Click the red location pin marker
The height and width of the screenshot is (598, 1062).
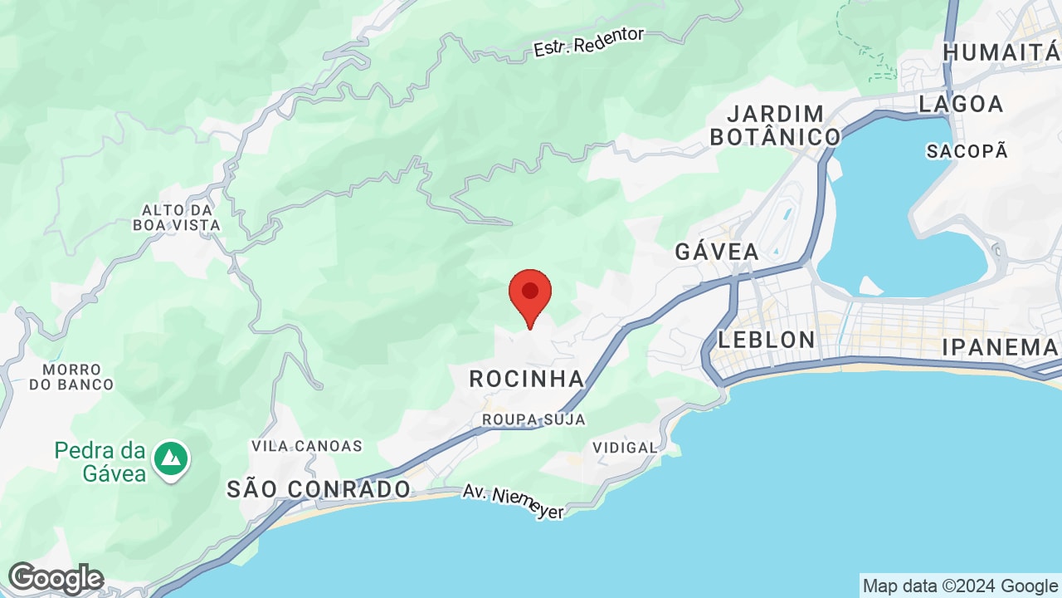tap(530, 294)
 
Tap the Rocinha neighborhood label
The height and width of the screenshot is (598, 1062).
tap(527, 380)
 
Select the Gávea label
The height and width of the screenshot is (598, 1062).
tap(717, 252)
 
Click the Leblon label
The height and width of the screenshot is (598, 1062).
tap(767, 340)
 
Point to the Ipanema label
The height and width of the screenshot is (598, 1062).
tap(1000, 348)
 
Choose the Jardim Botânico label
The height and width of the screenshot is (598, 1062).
tap(775, 125)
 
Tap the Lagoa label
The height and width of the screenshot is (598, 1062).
tap(962, 104)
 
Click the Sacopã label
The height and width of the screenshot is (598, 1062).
tap(967, 151)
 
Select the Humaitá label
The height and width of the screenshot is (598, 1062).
tap(1001, 52)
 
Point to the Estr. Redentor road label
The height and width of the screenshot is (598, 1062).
tap(589, 42)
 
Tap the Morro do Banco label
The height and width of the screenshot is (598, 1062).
tap(71, 376)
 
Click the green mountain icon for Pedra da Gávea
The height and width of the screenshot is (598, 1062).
tap(172, 457)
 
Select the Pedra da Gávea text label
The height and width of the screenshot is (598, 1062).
tap(100, 463)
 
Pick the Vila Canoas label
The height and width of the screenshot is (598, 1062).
tap(307, 446)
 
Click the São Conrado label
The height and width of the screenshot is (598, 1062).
tap(319, 489)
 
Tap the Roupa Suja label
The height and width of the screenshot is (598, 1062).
tap(533, 419)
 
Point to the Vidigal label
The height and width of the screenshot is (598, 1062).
tap(625, 448)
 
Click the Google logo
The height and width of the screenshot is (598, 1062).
tap(56, 578)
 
